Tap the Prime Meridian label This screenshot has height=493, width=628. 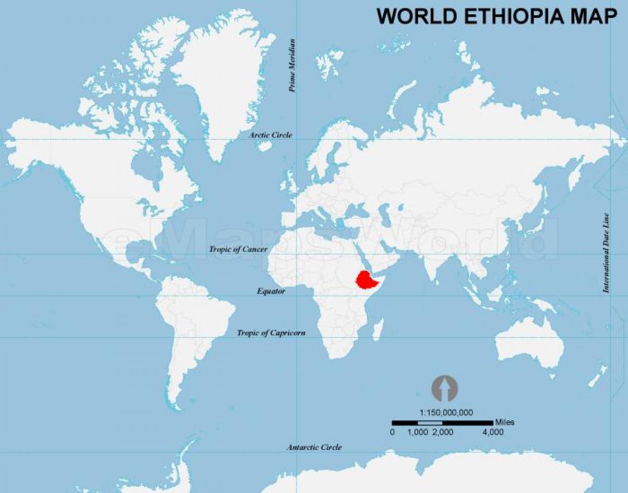click(x=293, y=66)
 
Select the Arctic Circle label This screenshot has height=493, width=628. click(x=271, y=135)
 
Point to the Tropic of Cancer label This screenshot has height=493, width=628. click(x=238, y=250)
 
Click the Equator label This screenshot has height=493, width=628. click(x=271, y=292)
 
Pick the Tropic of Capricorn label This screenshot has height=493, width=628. click(x=271, y=333)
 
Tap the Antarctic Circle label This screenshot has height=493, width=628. click(x=314, y=447)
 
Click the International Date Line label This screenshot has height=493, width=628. click(x=607, y=252)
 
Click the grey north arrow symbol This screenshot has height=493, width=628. click(x=444, y=389)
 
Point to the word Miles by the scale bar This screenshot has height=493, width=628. click(x=504, y=422)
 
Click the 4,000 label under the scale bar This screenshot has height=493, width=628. click(x=492, y=432)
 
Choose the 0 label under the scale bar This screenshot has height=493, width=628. click(x=392, y=432)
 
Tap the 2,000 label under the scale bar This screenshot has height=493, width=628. click(x=443, y=432)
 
